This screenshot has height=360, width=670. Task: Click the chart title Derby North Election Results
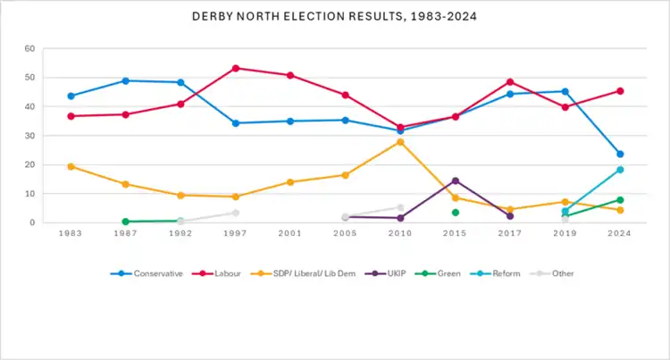tap(334, 16)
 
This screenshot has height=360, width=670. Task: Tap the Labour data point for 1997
tap(236, 68)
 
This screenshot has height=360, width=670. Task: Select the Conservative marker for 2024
tap(620, 154)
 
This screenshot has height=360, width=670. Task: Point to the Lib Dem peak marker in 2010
tap(400, 142)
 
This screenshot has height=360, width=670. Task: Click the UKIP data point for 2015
tap(456, 180)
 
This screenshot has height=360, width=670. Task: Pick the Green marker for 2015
tap(456, 213)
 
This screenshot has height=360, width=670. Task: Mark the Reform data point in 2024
tap(620, 170)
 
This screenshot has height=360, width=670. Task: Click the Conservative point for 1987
tap(126, 80)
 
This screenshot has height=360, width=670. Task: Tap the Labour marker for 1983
tap(71, 116)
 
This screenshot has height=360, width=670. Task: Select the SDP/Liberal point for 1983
tap(71, 166)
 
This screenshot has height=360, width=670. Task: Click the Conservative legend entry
tap(146, 273)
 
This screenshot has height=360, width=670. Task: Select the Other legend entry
tap(556, 273)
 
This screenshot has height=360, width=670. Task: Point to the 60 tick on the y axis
tap(29, 48)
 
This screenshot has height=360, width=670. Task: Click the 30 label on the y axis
tap(29, 136)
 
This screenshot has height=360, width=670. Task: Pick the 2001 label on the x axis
tap(290, 234)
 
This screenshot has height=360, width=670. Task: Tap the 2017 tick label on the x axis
tap(510, 234)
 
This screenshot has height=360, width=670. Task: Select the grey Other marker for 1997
tap(236, 213)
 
